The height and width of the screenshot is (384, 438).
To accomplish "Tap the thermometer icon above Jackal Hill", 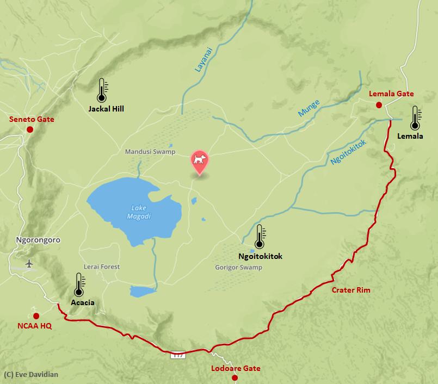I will point(101,90).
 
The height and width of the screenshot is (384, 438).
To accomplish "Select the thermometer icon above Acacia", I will point(79,284).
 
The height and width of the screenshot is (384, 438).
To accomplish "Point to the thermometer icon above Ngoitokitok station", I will point(259,237).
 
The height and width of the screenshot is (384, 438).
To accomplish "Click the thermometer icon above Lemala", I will point(415,118).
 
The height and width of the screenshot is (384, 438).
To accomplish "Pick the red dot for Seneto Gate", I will point(30,129).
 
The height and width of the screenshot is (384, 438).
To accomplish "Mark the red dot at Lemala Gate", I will point(379,105).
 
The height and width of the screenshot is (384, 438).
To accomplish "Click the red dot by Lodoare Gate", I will point(235,377).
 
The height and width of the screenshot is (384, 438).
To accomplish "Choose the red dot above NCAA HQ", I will point(36,315).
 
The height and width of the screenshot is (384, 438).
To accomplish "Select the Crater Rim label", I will point(351,290).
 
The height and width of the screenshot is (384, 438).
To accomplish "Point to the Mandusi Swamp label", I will point(150,152).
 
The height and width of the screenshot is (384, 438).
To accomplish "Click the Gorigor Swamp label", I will point(238,268).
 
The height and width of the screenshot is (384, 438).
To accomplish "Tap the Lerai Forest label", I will point(102,267).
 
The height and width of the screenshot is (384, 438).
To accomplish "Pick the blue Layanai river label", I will point(204,59).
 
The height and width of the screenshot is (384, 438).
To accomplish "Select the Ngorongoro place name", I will point(38,240).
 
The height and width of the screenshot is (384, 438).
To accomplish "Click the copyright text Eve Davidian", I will point(31,374).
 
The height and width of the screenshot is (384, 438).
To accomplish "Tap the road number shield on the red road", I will point(178,355).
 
